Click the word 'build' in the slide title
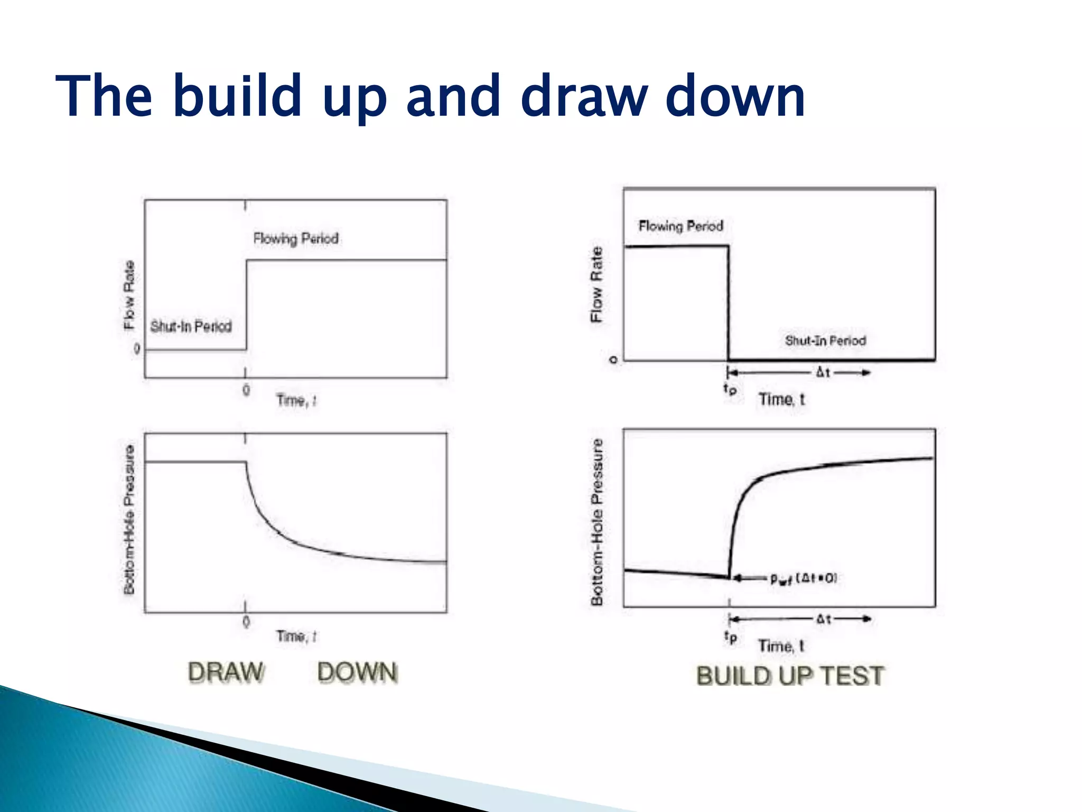(x=237, y=96)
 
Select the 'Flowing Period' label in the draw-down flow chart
(x=296, y=238)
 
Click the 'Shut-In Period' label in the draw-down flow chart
(x=191, y=326)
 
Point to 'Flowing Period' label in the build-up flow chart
(x=680, y=226)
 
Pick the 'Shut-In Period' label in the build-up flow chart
(x=825, y=340)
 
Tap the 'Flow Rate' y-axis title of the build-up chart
(x=596, y=284)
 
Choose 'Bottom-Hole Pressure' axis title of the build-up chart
(x=597, y=522)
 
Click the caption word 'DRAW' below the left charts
(x=226, y=672)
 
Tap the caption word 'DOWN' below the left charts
(x=357, y=672)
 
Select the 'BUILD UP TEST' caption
(x=790, y=676)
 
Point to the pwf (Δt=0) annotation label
(x=804, y=579)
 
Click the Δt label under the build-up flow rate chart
(x=823, y=373)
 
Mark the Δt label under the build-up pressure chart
(x=824, y=619)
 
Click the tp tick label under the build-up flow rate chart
(x=730, y=390)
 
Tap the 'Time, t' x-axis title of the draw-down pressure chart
(x=296, y=636)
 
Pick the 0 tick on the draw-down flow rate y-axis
(x=137, y=349)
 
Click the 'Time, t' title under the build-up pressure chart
(x=781, y=645)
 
